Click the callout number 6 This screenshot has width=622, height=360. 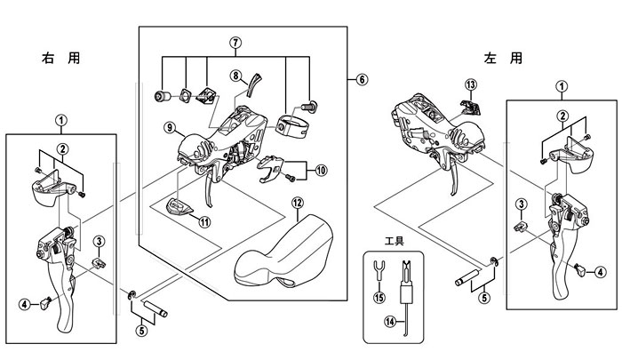tap(362, 79)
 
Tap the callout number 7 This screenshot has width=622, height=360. tap(235, 43)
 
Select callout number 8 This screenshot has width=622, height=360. tap(236, 75)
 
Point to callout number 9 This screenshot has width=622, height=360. tap(170, 127)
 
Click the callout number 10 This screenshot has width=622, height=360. tap(321, 171)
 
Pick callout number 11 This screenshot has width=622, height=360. tap(204, 221)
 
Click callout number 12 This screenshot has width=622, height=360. tap(298, 203)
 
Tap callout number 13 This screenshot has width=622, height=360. tap(471, 84)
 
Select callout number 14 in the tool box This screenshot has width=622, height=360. tap(390, 322)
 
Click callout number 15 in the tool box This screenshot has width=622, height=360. tap(379, 297)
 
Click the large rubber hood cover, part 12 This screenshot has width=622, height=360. tap(283, 252)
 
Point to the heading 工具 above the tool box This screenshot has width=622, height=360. tap(394, 241)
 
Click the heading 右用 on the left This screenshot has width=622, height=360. tap(60, 59)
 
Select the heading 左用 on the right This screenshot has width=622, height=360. tap(503, 59)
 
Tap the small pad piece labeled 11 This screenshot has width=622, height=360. tap(179, 206)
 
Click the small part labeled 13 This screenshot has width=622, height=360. tap(470, 108)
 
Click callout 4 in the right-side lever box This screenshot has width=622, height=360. tap(600, 272)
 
